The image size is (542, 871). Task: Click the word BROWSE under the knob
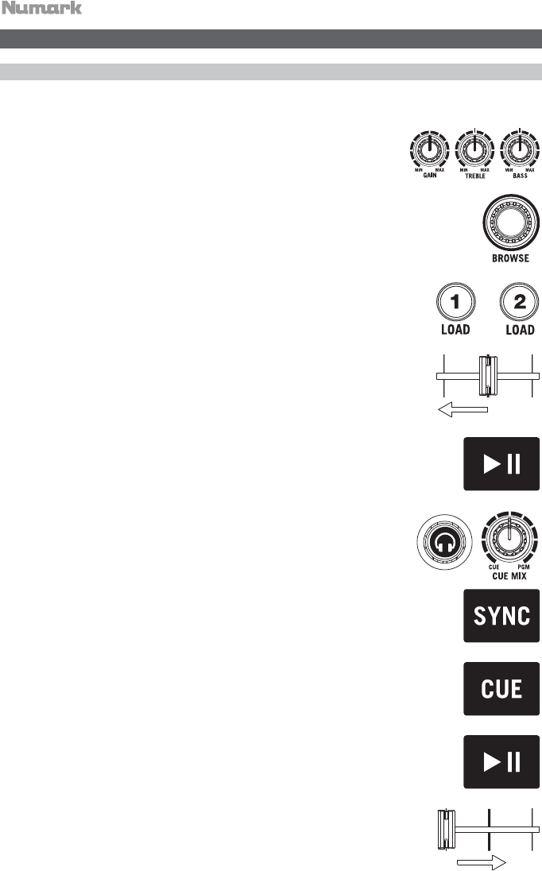coord(509,259)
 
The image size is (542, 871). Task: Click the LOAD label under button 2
coord(520,330)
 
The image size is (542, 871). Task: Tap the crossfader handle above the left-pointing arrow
coord(486,374)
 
